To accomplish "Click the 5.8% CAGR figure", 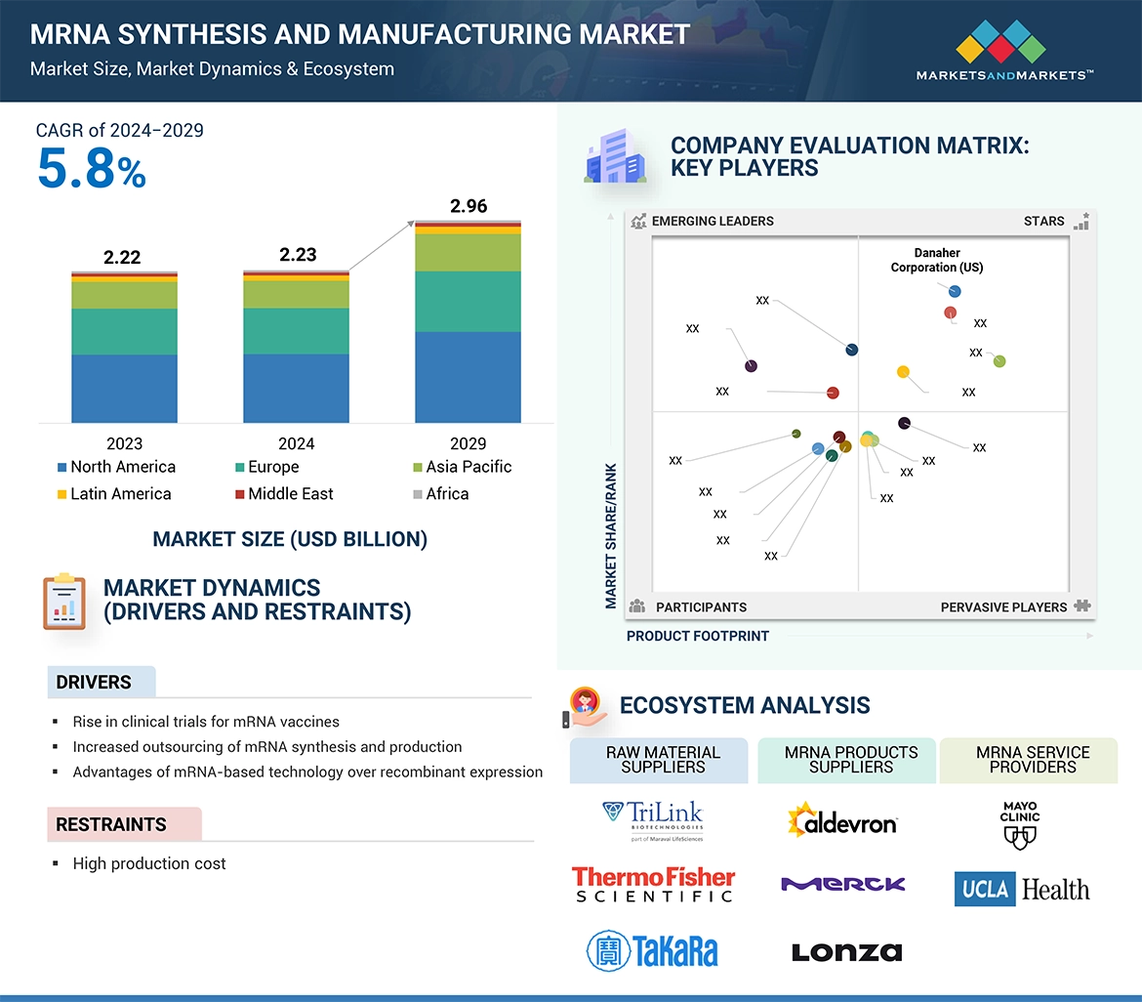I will point(92,169).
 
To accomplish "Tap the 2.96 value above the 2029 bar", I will point(468,206).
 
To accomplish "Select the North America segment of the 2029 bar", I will point(468,377).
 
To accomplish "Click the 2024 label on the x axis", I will point(296,442).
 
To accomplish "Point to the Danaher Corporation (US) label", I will point(937,260).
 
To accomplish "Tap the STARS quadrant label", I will point(1043,221).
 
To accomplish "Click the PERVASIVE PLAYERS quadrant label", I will point(1003,607).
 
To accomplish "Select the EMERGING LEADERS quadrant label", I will point(712,221).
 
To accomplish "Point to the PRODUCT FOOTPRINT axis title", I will point(697,636).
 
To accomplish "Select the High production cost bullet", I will point(148,863).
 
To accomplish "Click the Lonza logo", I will point(846,952).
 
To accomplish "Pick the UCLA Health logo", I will point(1021,889).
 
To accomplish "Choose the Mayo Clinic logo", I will point(1019,824).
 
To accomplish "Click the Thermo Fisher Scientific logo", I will point(653,884).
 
